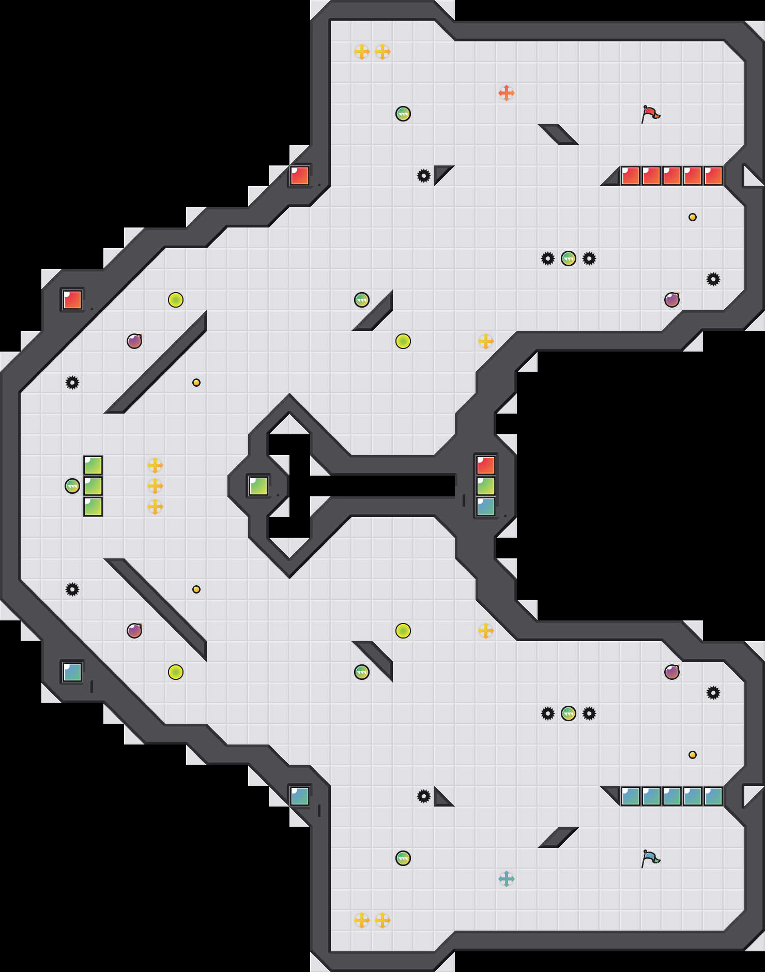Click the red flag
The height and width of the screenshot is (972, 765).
click(650, 113)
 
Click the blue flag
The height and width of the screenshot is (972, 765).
click(650, 858)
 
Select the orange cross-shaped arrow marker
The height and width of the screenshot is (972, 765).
click(507, 93)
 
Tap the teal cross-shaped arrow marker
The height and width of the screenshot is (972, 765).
click(507, 879)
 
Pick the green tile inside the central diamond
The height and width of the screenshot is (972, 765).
click(258, 486)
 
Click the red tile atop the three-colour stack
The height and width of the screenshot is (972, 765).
click(486, 465)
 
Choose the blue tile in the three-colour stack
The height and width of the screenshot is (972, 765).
click(486, 507)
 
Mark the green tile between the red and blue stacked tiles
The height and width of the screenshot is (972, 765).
click(486, 486)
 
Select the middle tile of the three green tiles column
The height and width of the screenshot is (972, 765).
click(93, 486)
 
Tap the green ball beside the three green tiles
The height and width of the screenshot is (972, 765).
click(72, 486)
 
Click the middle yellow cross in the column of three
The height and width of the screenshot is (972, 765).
click(155, 486)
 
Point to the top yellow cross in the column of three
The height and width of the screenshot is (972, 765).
click(155, 465)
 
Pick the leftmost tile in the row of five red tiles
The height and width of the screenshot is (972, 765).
click(631, 176)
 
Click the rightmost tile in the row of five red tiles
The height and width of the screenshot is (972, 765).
click(713, 176)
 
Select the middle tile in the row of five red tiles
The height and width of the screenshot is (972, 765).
click(672, 176)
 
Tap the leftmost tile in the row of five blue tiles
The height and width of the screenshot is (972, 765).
click(631, 796)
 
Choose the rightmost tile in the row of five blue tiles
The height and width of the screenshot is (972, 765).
click(713, 796)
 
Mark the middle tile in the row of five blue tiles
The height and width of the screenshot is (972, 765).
click(672, 796)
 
